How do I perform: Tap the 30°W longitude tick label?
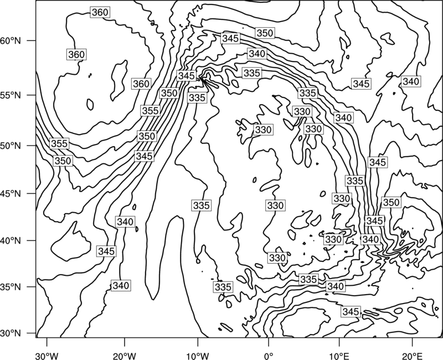tap(47, 356)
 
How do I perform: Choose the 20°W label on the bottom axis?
tap(124, 356)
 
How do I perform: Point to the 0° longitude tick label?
tap(268, 356)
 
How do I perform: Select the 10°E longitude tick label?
tap(339, 356)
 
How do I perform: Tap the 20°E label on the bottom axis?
tap(412, 356)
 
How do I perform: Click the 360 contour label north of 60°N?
tap(100, 12)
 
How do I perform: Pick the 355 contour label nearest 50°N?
tap(59, 143)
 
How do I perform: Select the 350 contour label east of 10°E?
tap(391, 202)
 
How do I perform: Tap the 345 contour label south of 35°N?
tap(351, 312)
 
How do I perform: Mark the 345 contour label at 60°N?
tap(230, 38)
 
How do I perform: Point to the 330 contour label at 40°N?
tap(333, 240)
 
